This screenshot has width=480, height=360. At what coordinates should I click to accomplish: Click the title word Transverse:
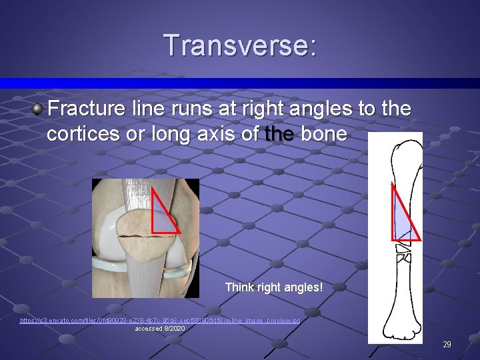click(240, 46)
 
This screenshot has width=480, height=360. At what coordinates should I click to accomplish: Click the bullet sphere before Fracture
click(39, 109)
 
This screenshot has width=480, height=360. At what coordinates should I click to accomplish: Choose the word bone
click(324, 134)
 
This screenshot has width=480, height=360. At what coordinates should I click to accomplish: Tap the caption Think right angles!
click(274, 288)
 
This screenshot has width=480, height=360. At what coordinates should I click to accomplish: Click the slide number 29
click(447, 345)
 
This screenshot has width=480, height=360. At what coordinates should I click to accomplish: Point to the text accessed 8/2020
click(160, 329)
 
